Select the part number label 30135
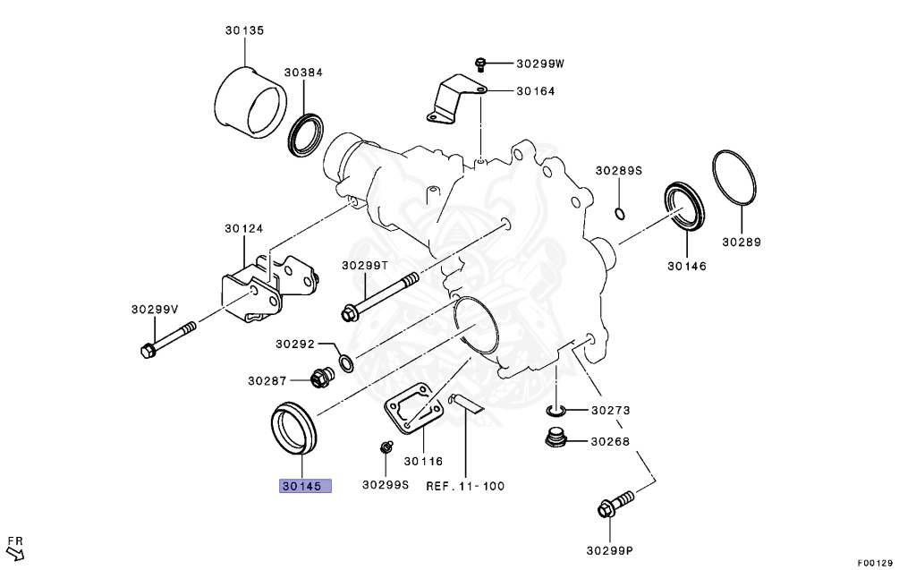(x=243, y=30)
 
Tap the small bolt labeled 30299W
(x=480, y=63)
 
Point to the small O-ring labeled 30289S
(x=619, y=213)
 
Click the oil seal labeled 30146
(x=684, y=206)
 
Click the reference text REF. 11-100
(x=464, y=486)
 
